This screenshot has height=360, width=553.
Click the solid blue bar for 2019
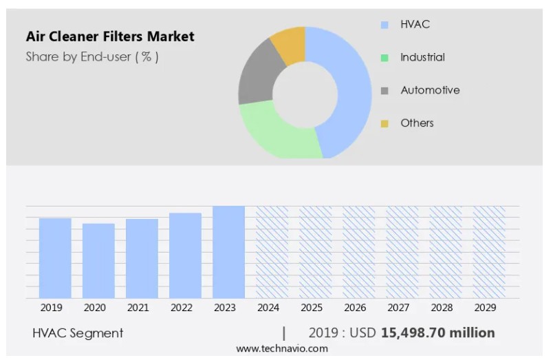point(55,258)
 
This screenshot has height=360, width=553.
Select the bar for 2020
point(98,261)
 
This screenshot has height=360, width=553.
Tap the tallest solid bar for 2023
point(228,252)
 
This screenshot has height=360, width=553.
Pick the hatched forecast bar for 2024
point(272,252)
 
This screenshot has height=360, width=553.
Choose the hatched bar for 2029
point(489,252)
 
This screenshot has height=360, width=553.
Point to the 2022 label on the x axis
point(182,308)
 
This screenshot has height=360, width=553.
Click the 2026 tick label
point(355,308)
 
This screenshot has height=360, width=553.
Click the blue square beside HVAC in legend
point(384,25)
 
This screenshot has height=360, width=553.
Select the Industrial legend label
point(422,57)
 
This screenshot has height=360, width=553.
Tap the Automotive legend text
point(430,90)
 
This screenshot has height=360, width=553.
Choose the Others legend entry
point(417,123)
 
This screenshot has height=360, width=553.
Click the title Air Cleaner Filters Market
point(110,36)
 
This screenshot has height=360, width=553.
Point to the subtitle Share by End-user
point(92,57)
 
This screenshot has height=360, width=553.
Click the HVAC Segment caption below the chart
point(78,333)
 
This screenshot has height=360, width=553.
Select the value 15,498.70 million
point(438,333)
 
